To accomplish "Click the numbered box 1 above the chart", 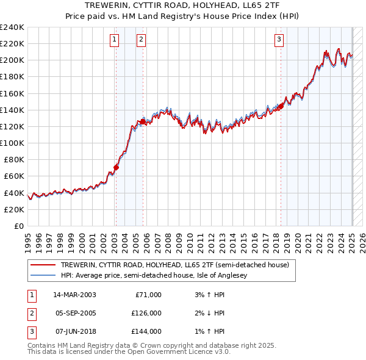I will [114, 40].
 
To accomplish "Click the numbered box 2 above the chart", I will [141, 40].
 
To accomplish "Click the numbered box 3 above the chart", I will [279, 40].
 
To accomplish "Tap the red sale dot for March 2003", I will [116, 167].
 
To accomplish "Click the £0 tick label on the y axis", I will [18, 226].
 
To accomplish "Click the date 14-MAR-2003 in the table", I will [74, 295].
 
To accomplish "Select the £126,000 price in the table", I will [147, 313].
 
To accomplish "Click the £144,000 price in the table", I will [147, 331].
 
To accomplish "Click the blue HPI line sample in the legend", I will [43, 275].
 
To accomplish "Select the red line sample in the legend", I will [43, 264].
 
